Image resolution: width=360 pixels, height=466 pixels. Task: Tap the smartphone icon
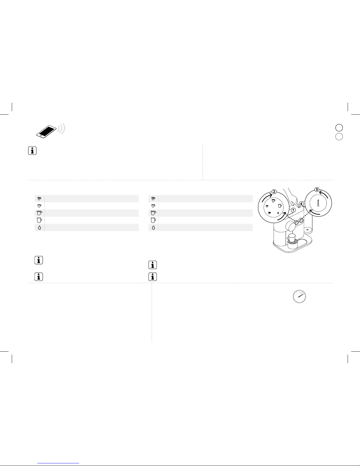(x=46, y=131)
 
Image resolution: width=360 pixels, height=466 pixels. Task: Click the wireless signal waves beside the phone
(x=62, y=129)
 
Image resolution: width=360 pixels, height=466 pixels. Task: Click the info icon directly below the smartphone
(x=32, y=151)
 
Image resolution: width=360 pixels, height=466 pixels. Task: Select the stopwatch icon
(x=299, y=297)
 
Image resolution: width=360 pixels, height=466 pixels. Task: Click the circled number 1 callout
(x=293, y=210)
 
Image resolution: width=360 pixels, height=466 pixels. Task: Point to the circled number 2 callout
(x=274, y=192)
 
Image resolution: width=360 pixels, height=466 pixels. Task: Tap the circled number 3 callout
(x=317, y=190)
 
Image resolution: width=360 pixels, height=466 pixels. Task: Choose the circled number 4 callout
(x=301, y=204)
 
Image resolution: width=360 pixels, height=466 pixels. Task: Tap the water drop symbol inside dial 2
(x=278, y=213)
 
